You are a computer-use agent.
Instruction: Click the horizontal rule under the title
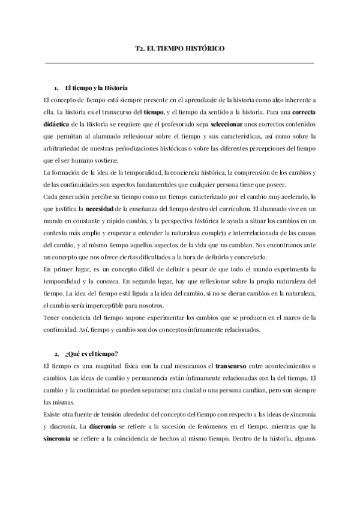(x=179, y=62)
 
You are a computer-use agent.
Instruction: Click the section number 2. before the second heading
(x=56, y=354)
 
